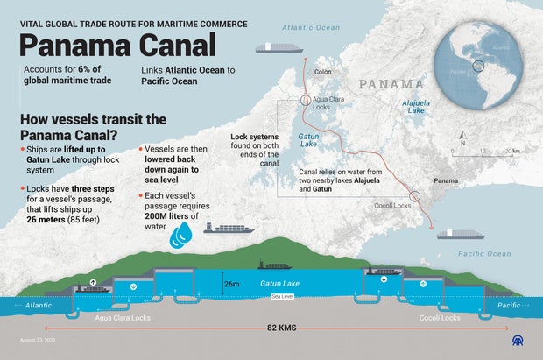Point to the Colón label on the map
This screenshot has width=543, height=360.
[323, 72]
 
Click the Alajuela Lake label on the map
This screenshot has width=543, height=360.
[413, 107]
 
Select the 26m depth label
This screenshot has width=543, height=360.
[231, 284]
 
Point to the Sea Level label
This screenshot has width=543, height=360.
[283, 298]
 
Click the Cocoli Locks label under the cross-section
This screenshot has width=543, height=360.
[439, 317]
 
